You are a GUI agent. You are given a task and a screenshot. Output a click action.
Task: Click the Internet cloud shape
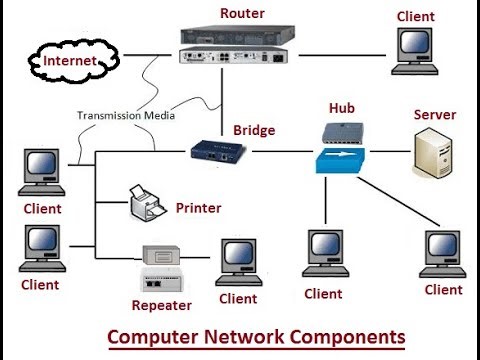69,62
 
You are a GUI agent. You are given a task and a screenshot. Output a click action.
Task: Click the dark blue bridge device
218,152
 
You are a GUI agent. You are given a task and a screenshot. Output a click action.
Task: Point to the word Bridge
253,130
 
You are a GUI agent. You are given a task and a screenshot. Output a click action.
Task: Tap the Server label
434,115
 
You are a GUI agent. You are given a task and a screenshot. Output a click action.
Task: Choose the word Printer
198,208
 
